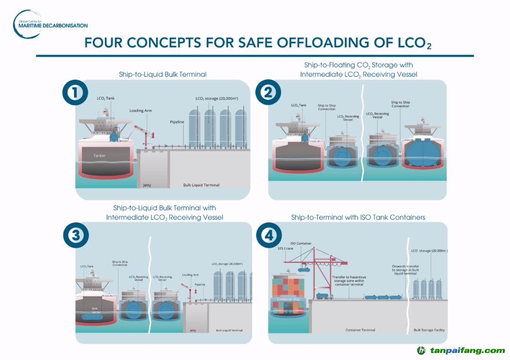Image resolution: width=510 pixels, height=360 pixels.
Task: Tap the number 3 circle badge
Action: click(75, 236)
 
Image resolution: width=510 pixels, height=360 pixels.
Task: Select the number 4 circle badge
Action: click(268, 236)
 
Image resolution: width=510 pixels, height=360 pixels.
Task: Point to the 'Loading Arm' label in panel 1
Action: click(140, 111)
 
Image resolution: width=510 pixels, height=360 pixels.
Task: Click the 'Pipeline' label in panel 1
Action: click(177, 122)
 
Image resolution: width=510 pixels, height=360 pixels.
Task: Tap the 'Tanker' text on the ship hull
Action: click(100, 156)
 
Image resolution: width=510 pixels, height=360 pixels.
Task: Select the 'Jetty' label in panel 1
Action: click(147, 185)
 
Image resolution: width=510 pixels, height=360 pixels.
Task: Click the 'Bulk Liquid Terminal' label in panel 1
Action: click(201, 185)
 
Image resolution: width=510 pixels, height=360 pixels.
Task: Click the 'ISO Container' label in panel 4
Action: click(301, 243)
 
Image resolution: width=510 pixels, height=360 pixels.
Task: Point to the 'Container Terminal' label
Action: click(360, 330)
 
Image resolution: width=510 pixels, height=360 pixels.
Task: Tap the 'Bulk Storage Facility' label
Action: click(429, 330)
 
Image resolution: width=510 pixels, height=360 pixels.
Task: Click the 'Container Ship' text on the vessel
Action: click(288, 299)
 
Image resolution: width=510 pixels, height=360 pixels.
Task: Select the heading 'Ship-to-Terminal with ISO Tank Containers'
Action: click(358, 218)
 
